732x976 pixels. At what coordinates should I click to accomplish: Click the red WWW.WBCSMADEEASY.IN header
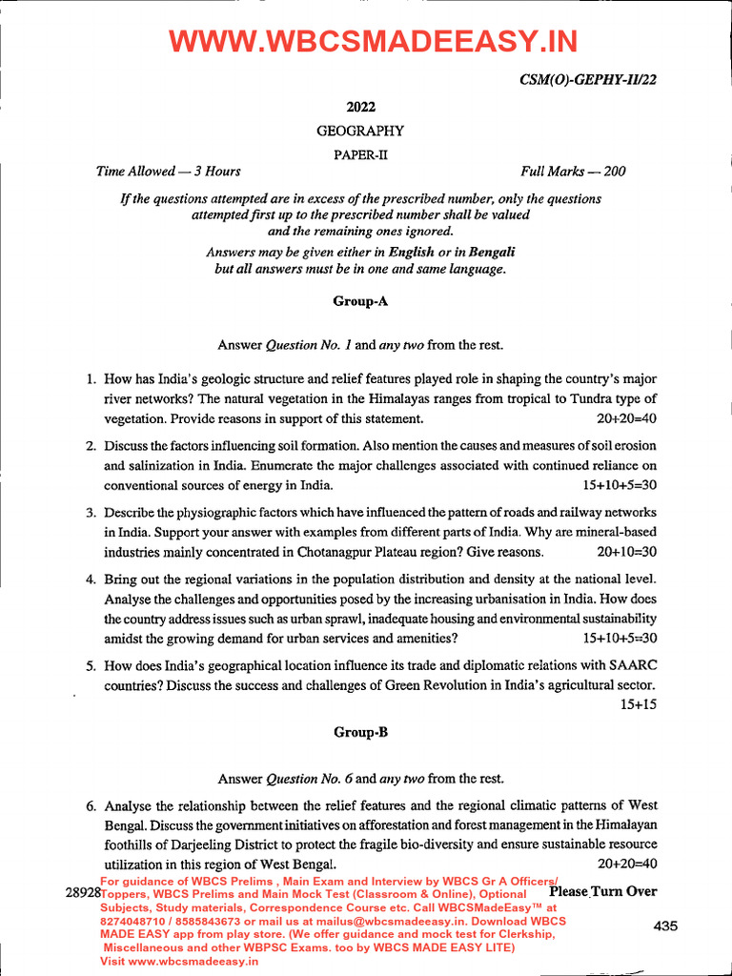(373, 42)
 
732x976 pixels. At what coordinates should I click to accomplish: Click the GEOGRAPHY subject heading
(360, 132)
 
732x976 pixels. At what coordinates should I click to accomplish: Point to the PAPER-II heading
(360, 153)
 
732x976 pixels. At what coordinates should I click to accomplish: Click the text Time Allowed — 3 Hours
(168, 172)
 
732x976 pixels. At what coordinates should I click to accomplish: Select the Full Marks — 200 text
(573, 172)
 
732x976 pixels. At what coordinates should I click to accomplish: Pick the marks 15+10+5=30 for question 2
(620, 486)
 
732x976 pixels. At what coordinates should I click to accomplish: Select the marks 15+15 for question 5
(639, 704)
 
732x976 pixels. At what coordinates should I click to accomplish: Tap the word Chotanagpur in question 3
(312, 553)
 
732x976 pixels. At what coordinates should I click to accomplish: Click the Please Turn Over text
(603, 891)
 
